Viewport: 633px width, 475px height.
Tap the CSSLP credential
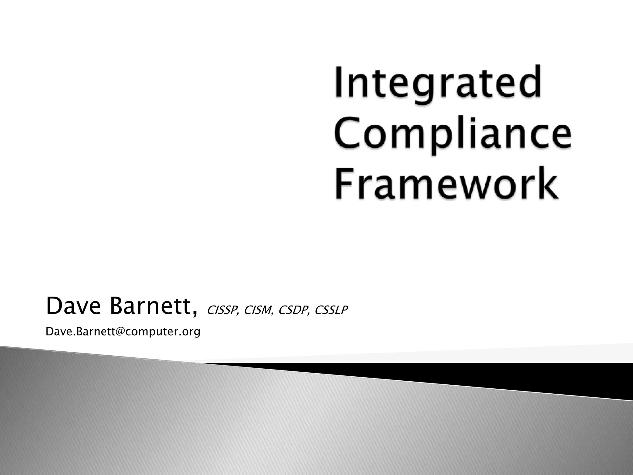coord(331,310)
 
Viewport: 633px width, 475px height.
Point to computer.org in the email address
coord(163,332)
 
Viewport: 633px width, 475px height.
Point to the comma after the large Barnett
coord(194,313)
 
